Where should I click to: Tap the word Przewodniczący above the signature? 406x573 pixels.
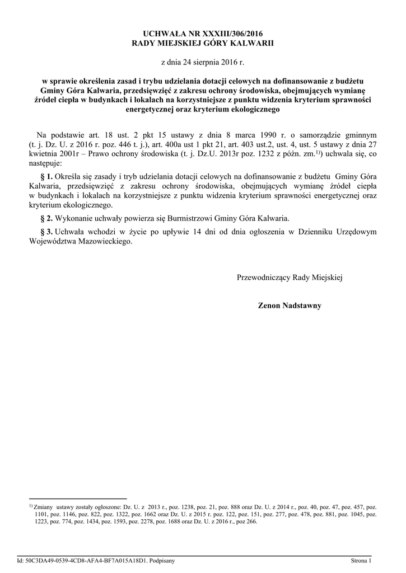point(264,277)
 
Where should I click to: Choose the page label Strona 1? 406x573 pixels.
point(361,560)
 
